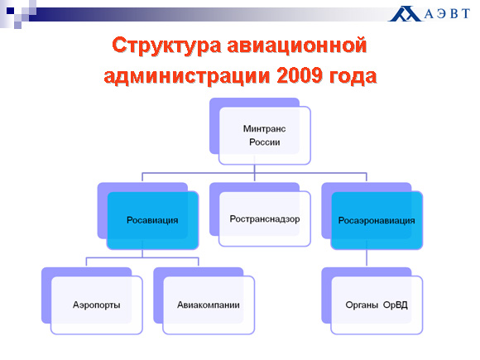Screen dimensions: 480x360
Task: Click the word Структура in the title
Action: [166, 46]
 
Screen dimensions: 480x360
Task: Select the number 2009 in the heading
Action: [300, 75]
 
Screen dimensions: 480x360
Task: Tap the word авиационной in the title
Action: [296, 46]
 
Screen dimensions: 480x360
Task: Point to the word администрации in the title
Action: [187, 76]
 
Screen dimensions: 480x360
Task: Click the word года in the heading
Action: [353, 76]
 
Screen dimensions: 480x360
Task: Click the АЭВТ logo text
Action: [447, 14]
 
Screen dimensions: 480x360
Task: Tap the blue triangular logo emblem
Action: [405, 14]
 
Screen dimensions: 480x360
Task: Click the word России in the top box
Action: [265, 142]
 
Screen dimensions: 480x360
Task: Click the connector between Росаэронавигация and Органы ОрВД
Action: [367, 257]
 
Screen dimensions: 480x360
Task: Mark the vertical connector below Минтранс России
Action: [254, 169]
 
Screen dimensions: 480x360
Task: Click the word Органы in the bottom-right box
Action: [362, 305]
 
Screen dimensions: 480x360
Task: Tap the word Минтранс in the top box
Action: [265, 129]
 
